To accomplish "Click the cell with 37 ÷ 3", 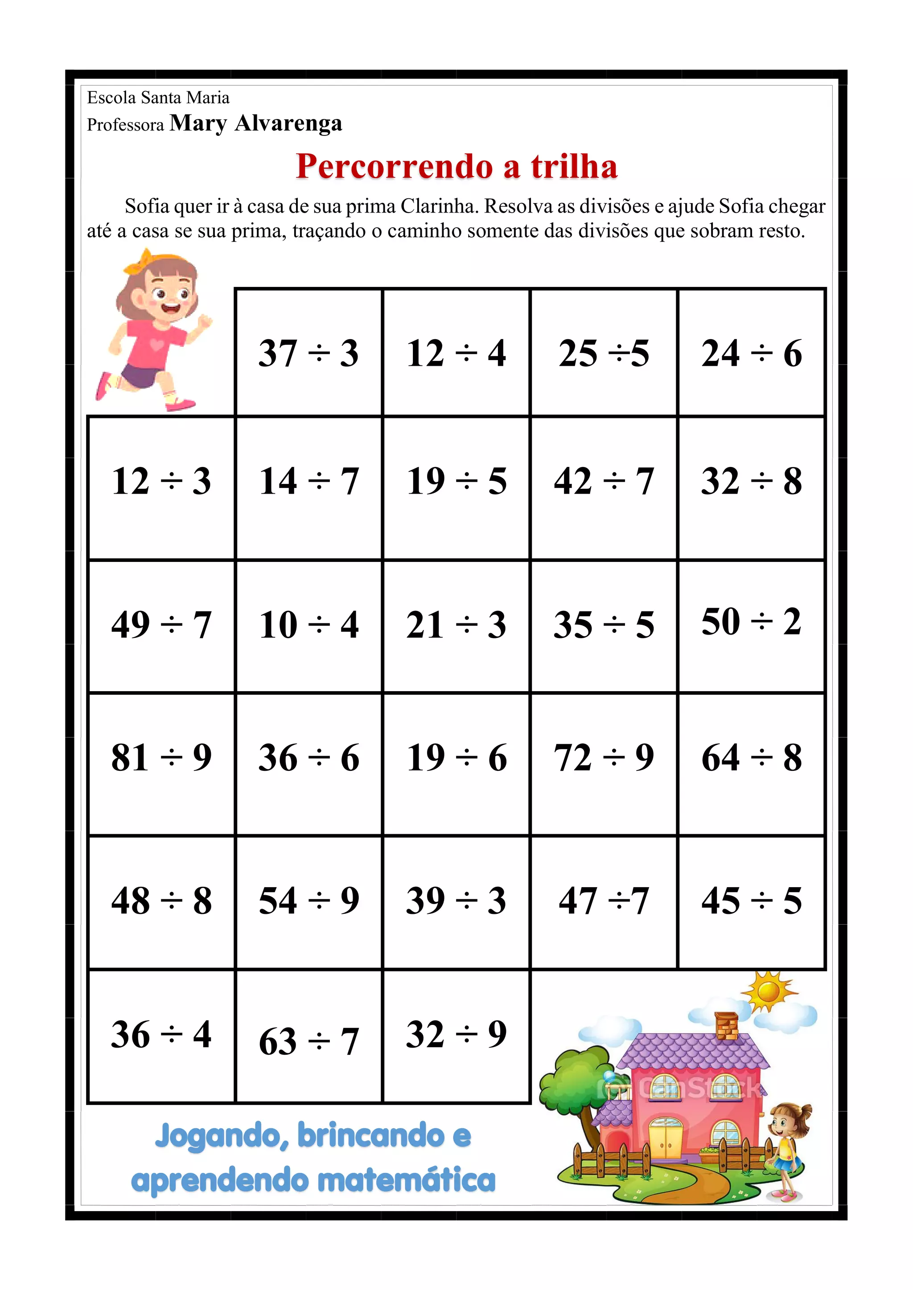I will pyautogui.click(x=308, y=353).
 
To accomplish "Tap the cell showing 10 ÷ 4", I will pyautogui.click(x=308, y=625).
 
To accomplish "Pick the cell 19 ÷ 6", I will pyautogui.click(x=456, y=758).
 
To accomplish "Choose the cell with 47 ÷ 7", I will pyautogui.click(x=604, y=901).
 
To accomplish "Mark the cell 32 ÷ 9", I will pyautogui.click(x=456, y=1035).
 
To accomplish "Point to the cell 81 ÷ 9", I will pyautogui.click(x=161, y=758).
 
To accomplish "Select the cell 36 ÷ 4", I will pyautogui.click(x=161, y=1035).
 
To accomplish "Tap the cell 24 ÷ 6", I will pyautogui.click(x=751, y=353).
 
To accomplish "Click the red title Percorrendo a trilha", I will pyautogui.click(x=456, y=166).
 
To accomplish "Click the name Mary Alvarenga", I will pyautogui.click(x=256, y=123).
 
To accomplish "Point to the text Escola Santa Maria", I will pyautogui.click(x=158, y=98).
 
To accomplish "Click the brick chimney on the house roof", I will pyautogui.click(x=726, y=1026).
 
